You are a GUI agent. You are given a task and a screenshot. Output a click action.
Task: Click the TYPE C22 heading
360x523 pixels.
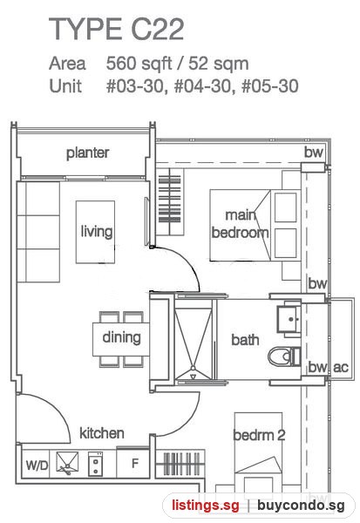click(117, 29)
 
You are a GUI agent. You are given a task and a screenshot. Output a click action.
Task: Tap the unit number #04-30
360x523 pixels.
click(202, 86)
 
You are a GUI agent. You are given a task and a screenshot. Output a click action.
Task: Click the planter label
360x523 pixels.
click(88, 153)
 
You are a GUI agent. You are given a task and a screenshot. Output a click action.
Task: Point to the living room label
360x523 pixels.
click(97, 231)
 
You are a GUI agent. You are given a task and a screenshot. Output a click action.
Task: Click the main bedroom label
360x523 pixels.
click(240, 224)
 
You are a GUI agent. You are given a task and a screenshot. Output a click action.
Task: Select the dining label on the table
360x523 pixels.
click(121, 337)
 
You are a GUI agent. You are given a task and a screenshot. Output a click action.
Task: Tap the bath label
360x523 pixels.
click(245, 340)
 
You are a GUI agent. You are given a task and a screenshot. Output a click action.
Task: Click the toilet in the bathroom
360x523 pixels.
click(284, 357)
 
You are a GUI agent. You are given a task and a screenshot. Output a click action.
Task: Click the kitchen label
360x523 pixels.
click(102, 433)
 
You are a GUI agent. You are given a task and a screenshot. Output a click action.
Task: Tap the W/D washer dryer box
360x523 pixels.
click(36, 465)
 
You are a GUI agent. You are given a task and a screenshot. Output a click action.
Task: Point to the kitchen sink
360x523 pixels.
click(67, 463)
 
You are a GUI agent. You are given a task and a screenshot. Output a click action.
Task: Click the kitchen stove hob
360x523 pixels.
click(95, 464)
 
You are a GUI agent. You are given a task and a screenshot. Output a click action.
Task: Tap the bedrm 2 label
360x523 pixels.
click(259, 435)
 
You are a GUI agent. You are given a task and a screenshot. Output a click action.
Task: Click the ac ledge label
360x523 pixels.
click(341, 367)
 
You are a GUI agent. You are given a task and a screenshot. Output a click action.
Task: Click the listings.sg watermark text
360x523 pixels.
click(206, 506)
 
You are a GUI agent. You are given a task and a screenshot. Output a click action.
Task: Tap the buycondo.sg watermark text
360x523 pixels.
click(301, 506)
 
